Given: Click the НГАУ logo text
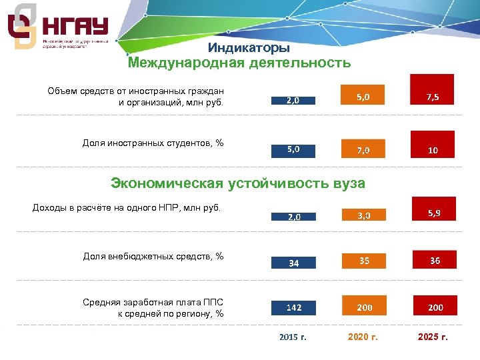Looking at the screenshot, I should tap(75, 26).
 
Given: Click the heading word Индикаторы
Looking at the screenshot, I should tap(248, 48).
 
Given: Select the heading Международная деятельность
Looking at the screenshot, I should tap(239, 63).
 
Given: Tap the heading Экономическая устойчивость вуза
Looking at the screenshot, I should tap(238, 183).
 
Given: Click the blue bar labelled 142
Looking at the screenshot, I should tap(294, 308).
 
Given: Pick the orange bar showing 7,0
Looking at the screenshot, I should tap(363, 149).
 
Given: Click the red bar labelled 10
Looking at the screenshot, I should tap(433, 145).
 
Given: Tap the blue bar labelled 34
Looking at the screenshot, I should tap(294, 263).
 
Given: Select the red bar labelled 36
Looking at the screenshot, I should tap(434, 260).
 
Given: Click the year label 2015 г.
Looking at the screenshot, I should tap(293, 337).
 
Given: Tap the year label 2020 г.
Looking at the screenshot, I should tap(363, 337).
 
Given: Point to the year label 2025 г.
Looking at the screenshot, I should tap(433, 337).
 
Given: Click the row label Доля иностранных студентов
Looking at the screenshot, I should tap(153, 143).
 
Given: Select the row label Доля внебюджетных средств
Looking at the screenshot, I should tap(153, 256).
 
